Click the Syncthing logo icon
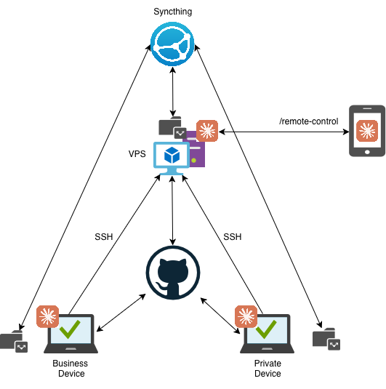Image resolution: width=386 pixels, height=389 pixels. click(172, 44)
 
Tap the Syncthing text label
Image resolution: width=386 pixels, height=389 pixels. click(173, 12)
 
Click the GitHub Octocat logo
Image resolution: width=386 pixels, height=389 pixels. click(173, 273)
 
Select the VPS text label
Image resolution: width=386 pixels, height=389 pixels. click(137, 154)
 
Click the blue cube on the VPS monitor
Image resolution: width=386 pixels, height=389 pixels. click(172, 155)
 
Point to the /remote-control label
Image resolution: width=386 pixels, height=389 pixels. click(309, 121)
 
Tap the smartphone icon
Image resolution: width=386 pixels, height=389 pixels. click(367, 131)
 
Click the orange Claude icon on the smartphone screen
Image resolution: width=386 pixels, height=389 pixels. click(367, 131)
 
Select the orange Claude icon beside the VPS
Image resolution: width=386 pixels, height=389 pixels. click(207, 131)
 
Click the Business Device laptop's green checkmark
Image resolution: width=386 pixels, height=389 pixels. click(70, 329)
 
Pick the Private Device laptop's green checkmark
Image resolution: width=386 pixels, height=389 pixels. click(266, 329)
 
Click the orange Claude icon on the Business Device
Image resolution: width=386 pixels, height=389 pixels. click(48, 316)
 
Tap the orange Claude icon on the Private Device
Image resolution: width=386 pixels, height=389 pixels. click(246, 316)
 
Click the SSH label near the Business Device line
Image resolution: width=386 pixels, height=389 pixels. click(104, 237)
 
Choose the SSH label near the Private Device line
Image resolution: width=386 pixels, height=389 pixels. click(233, 237)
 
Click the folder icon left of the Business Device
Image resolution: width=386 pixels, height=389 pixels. click(14, 341)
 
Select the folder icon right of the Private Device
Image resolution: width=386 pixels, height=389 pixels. click(326, 339)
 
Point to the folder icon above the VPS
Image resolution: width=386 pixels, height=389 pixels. click(172, 127)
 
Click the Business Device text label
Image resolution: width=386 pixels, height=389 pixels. click(71, 369)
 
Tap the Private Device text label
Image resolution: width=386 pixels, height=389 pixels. click(268, 369)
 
